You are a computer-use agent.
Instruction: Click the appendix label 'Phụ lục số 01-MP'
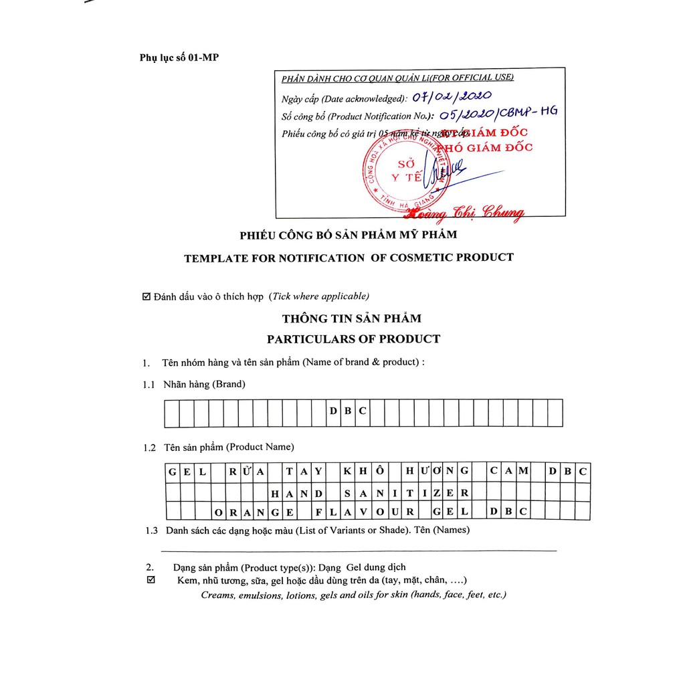[179, 58]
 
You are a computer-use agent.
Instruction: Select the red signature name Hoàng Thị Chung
[464, 213]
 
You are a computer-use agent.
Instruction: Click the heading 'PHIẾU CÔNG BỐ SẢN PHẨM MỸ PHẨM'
[348, 235]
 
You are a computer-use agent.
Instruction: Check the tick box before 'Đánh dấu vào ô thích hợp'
[147, 296]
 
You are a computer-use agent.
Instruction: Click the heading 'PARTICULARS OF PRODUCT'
[353, 338]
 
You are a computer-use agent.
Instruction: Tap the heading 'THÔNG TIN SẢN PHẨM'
[352, 318]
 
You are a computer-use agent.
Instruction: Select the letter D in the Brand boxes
[333, 411]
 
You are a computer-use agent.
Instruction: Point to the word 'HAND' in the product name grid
[296, 493]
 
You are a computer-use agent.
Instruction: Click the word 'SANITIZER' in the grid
[406, 493]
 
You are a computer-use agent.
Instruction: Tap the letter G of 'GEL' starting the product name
[173, 472]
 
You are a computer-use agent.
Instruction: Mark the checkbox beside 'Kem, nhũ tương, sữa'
[151, 580]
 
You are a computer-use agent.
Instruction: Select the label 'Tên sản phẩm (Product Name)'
[228, 447]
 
